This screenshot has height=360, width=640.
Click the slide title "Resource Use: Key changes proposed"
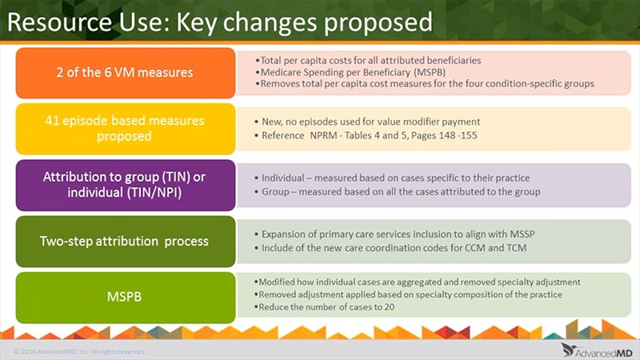point(219,22)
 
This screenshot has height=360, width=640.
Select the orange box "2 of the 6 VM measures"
point(126,73)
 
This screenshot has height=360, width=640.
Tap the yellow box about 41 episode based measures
point(126,129)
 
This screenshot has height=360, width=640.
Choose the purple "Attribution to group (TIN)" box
point(126,185)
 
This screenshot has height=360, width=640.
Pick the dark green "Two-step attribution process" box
point(126,242)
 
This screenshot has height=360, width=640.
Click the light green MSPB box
point(126,297)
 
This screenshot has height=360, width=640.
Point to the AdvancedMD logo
point(597,350)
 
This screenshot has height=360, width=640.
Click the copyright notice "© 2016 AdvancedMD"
point(79,351)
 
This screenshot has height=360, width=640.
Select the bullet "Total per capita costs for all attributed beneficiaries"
point(368,61)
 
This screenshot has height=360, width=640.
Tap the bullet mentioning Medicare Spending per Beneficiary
point(350,72)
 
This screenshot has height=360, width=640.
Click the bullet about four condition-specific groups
point(425,84)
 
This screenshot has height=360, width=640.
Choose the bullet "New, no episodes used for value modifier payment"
point(367,122)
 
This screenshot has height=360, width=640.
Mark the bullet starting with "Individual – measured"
point(392,178)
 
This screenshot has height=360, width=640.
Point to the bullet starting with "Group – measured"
point(397,192)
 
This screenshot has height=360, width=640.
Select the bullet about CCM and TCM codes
point(390,248)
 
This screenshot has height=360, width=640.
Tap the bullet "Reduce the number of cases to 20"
point(324,307)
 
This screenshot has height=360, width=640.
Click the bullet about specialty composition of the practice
point(408,294)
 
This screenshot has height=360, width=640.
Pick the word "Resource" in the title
point(59,22)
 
